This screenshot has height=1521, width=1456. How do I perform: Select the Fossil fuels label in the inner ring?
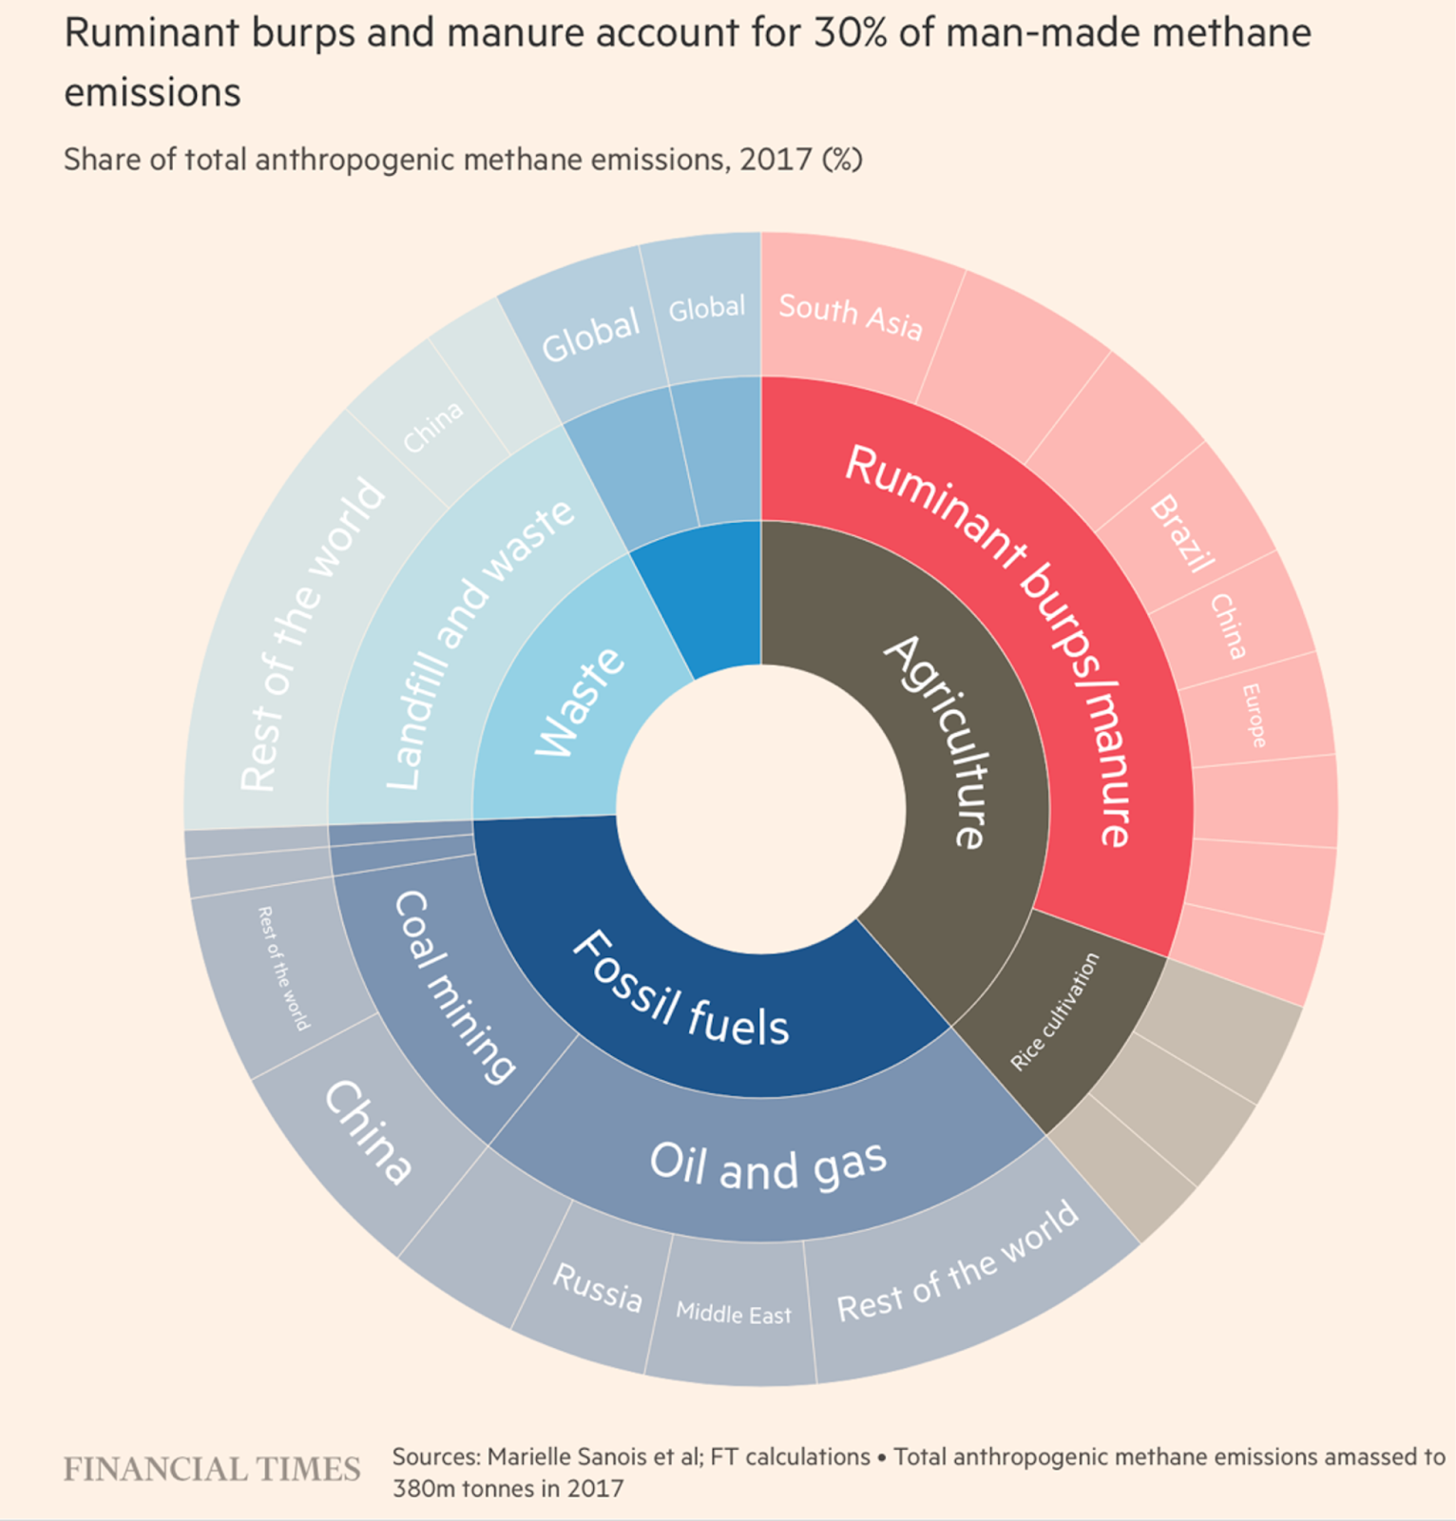(x=680, y=989)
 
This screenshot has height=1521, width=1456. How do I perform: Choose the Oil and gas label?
(x=768, y=1164)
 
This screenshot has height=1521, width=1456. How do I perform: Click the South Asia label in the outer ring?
(x=851, y=316)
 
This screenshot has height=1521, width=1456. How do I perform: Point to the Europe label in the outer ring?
(x=1255, y=715)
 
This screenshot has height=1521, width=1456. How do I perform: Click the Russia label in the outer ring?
(x=597, y=1287)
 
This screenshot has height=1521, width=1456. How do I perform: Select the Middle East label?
(x=734, y=1314)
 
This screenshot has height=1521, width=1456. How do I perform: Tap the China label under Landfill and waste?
(x=433, y=426)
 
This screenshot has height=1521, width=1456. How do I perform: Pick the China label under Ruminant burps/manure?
(x=1228, y=626)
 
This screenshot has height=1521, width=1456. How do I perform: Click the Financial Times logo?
(x=212, y=1469)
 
